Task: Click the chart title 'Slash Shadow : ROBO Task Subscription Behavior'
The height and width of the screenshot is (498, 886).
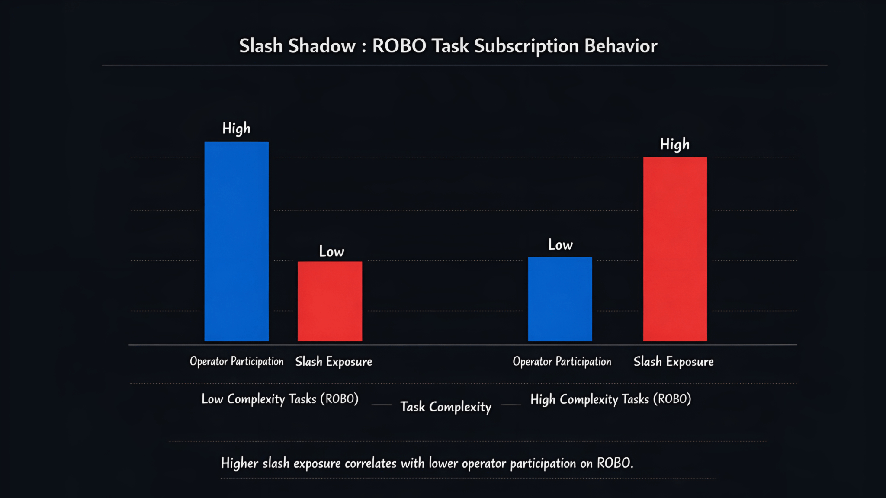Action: [448, 46]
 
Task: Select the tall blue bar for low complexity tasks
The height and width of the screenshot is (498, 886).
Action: [236, 241]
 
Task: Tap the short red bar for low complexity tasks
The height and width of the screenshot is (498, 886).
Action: [330, 301]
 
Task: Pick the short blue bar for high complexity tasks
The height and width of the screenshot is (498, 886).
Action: [560, 299]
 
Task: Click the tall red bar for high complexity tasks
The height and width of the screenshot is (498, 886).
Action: [675, 249]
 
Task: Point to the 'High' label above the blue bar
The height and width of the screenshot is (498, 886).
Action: [236, 129]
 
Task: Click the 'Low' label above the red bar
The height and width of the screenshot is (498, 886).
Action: [331, 251]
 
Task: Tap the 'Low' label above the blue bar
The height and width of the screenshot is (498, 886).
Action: [560, 245]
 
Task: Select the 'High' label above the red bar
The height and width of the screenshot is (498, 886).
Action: [674, 144]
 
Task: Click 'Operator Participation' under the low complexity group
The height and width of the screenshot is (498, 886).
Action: [237, 361]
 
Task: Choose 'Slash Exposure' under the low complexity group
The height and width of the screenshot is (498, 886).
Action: [334, 361]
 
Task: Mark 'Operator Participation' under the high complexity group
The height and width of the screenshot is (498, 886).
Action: [562, 361]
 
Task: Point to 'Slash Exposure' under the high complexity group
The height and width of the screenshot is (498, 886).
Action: [674, 361]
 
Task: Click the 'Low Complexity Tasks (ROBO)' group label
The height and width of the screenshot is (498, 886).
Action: [280, 399]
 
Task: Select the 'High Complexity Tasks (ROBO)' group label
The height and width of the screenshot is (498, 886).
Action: [610, 399]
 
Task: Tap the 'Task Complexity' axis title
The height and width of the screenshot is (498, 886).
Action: [446, 407]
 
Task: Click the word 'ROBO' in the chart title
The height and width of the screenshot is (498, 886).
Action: [399, 46]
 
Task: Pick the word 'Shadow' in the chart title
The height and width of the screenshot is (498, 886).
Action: [321, 46]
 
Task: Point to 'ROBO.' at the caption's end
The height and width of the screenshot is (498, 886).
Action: [615, 463]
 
